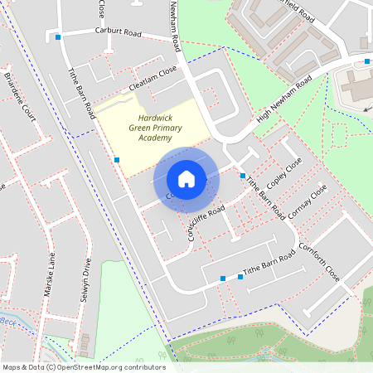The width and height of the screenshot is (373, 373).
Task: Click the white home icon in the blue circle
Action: tap(186, 179)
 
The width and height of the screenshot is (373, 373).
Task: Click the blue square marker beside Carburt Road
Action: tap(58, 37)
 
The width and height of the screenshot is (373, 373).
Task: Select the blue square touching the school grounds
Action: tap(117, 159)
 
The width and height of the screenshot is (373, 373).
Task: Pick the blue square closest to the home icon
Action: tap(242, 176)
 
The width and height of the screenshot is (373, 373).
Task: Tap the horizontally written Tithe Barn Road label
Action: tap(268, 266)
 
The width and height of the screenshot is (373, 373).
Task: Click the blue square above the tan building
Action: tap(367, 61)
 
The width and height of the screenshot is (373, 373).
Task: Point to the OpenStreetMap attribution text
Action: tap(83, 366)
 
